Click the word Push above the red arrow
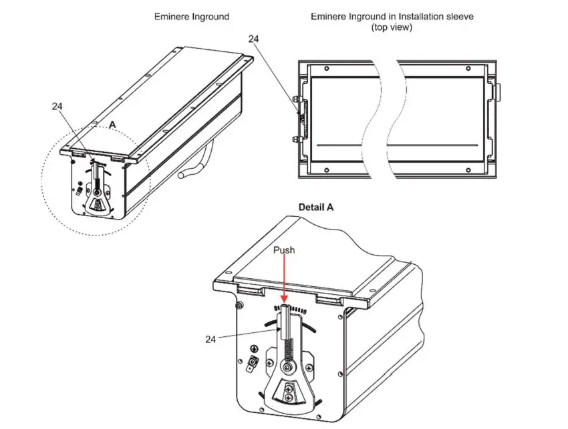pyautogui.click(x=284, y=250)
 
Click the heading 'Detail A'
pyautogui.click(x=315, y=207)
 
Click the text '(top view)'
pyautogui.click(x=392, y=27)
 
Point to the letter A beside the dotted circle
pyautogui.click(x=113, y=125)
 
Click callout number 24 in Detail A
pyautogui.click(x=212, y=339)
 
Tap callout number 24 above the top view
pyautogui.click(x=254, y=39)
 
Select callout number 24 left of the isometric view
pyautogui.click(x=57, y=105)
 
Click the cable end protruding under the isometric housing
pyautogui.click(x=183, y=175)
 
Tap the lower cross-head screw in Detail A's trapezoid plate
pyautogui.click(x=289, y=398)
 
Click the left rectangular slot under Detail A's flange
pyautogui.click(x=249, y=291)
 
